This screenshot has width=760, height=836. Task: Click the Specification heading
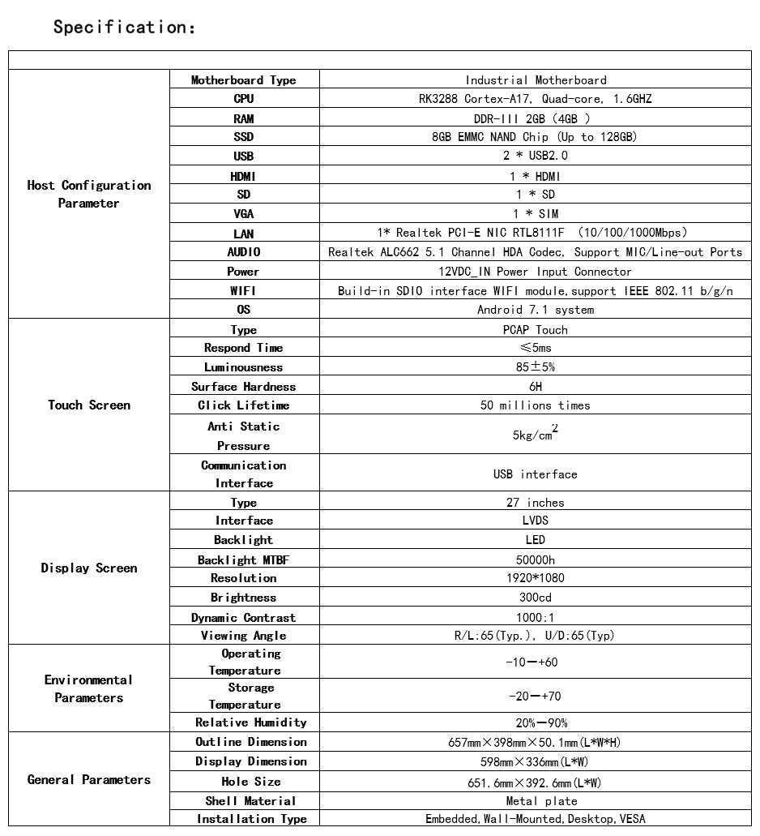click(124, 28)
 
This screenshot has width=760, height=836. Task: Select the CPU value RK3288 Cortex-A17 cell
click(535, 99)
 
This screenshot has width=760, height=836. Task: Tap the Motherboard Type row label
click(244, 80)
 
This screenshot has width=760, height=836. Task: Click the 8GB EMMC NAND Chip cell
click(535, 137)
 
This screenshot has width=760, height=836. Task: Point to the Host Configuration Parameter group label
click(89, 195)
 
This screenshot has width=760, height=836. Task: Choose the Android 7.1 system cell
click(535, 310)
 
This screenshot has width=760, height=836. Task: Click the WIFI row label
click(244, 290)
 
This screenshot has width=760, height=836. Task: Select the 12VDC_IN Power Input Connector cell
click(535, 272)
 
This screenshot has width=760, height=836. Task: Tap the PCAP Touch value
click(535, 330)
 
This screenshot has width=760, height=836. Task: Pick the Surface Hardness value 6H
click(535, 387)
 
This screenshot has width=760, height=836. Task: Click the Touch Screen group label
click(89, 405)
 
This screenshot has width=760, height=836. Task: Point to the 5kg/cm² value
click(535, 434)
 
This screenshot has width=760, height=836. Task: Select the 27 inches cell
click(535, 503)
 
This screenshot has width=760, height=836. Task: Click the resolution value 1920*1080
click(535, 578)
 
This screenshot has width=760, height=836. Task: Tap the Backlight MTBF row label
click(244, 559)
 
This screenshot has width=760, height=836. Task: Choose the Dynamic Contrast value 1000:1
click(535, 617)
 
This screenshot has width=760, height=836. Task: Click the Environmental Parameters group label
click(89, 688)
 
